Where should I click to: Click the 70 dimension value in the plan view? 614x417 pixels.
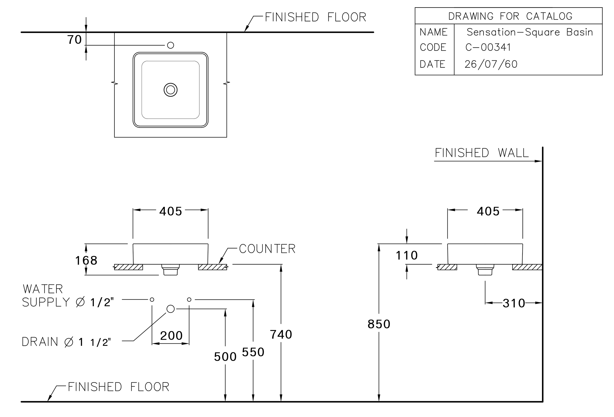pos(75,40)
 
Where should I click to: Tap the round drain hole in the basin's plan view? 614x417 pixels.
pos(171,90)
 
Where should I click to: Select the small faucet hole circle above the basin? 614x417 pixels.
pos(171,45)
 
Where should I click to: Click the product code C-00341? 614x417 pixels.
pos(488,47)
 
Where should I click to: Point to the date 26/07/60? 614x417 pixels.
pos(491,64)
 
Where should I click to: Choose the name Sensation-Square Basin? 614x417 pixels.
pos(530,32)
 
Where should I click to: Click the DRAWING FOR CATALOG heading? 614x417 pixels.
pos(510,16)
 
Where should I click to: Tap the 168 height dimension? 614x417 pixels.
pos(86,260)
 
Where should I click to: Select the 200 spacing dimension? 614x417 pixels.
pos(171,336)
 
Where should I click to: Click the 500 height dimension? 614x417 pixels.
pos(225,357)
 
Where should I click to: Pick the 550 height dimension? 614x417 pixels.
pos(253,352)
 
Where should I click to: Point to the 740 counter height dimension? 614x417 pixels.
pos(281,335)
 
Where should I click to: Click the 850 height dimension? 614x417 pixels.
pos(379,324)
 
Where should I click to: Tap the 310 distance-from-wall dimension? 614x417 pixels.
pos(514,303)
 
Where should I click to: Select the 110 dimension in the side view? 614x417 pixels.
pos(407,255)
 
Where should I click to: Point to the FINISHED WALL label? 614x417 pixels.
pos(482,153)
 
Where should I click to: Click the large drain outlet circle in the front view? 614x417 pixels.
pos(171,309)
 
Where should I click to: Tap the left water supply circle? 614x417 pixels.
pos(152,300)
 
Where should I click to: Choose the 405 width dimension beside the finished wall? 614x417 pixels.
pos(488,211)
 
